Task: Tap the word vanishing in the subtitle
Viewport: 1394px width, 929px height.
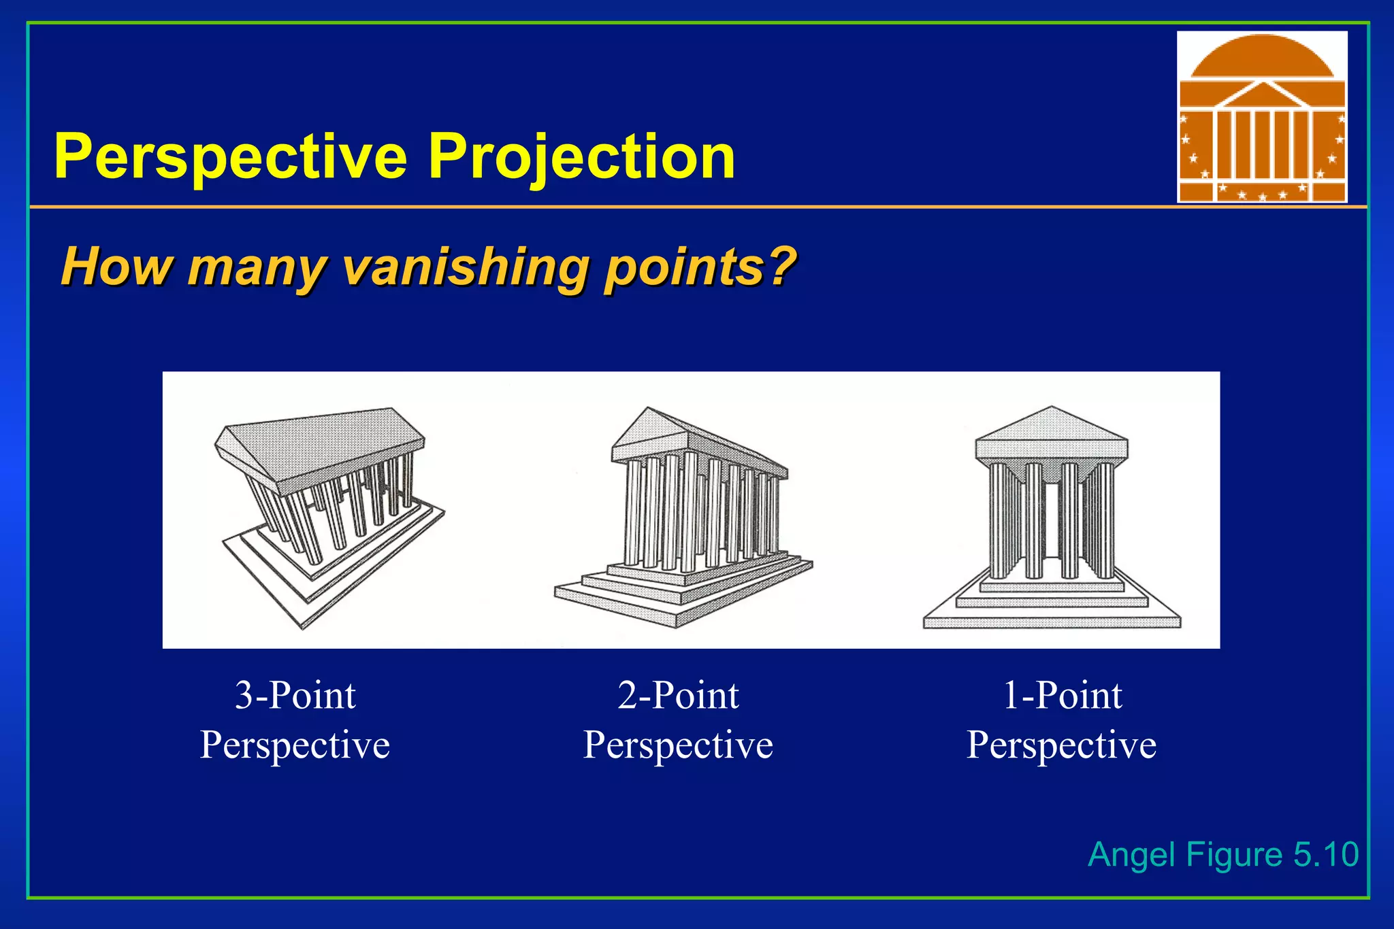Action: pos(464,267)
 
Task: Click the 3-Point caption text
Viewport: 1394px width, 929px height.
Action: pos(295,695)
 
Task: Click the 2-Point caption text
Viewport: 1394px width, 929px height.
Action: pos(678,695)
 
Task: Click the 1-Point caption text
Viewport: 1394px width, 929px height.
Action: pos(1063,695)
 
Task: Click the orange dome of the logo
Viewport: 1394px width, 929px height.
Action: pos(1261,58)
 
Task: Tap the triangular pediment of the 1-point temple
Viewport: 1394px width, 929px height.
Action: pos(1052,425)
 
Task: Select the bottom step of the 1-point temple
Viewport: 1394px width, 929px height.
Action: pos(1052,622)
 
